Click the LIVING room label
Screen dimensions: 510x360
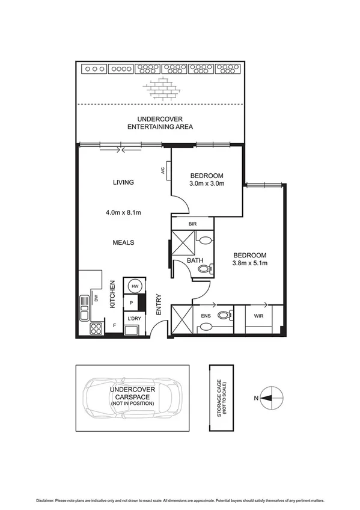tap(122, 182)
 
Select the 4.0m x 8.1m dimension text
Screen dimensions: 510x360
tap(123, 212)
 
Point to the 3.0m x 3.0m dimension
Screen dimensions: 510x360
tap(206, 183)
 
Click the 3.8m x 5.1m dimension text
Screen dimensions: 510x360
tap(249, 263)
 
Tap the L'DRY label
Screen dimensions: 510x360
tap(132, 318)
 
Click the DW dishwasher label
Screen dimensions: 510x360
tap(96, 298)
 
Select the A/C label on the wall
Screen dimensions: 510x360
tap(163, 171)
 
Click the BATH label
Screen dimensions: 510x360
tap(194, 260)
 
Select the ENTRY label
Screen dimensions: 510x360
tap(159, 304)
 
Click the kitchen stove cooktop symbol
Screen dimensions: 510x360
tap(96, 328)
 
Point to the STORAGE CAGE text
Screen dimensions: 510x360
tap(220, 397)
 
